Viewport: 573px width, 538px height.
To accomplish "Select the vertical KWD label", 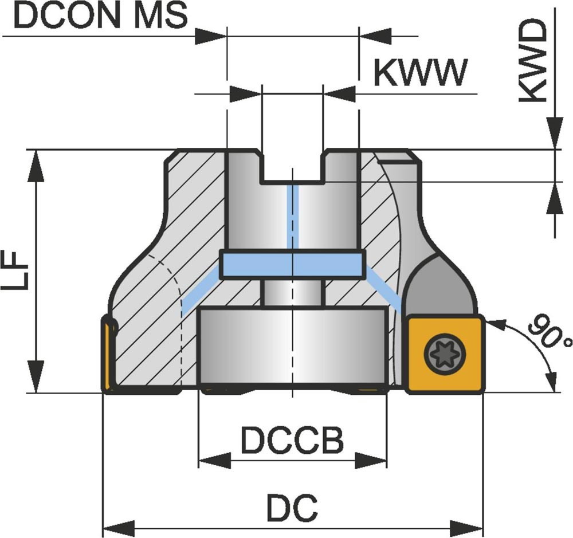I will tap(533, 62).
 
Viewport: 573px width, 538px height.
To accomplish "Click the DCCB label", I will tap(292, 441).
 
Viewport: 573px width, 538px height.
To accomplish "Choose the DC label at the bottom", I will tap(292, 507).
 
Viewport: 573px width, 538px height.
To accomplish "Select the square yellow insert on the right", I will tap(445, 355).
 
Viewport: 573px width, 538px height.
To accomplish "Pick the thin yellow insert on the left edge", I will tap(107, 355).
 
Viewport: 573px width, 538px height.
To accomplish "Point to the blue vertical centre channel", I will tap(292, 218).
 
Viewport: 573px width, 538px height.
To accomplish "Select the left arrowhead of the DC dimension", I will tap(118, 525).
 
